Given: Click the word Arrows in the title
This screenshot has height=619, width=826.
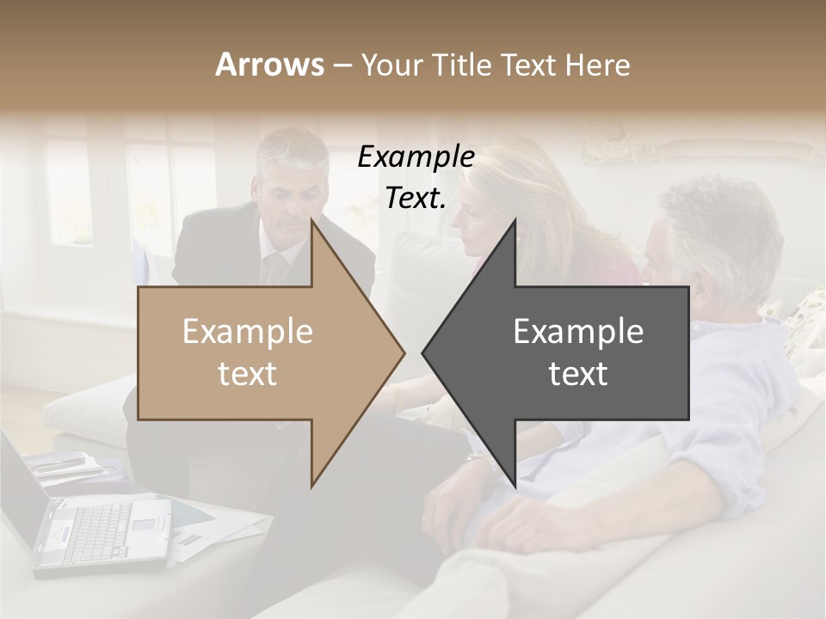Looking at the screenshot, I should [x=269, y=64].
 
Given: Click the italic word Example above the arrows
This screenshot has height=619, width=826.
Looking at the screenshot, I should [x=416, y=157].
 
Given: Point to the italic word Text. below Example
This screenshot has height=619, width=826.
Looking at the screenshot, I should [x=416, y=199].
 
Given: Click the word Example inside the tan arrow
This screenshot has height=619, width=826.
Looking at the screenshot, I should [x=248, y=332].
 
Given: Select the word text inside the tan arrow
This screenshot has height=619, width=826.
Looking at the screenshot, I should [x=248, y=374].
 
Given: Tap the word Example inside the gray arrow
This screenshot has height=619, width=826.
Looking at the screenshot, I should [x=578, y=332].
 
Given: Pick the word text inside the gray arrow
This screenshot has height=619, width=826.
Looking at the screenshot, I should [x=578, y=374].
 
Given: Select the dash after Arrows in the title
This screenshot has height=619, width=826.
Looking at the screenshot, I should [x=342, y=65].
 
